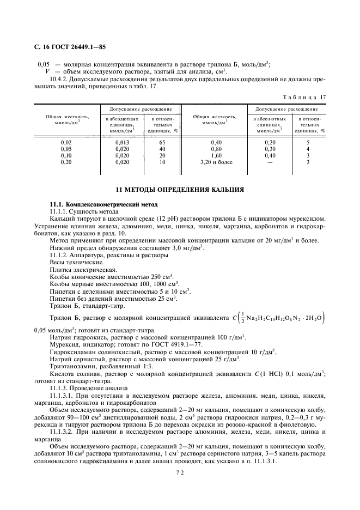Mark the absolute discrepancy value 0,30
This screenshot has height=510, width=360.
(x=270, y=148)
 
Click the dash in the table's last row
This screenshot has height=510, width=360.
(x=270, y=162)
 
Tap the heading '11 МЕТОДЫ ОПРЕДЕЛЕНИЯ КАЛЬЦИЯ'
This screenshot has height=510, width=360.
(x=180, y=190)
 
